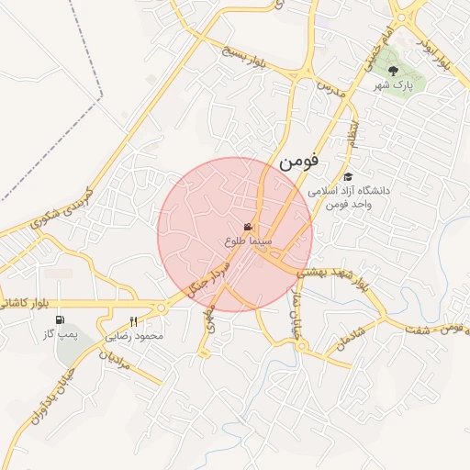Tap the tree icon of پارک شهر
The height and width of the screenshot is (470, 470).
(394, 70)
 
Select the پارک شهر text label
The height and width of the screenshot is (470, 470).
(394, 85)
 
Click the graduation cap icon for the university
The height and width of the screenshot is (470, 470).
(347, 176)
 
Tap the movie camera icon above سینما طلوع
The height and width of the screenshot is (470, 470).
(247, 227)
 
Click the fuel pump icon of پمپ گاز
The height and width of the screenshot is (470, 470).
(61, 319)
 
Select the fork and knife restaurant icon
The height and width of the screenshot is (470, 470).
(134, 321)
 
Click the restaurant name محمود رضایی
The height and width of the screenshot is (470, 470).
(135, 337)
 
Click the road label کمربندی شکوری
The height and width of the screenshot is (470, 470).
(62, 209)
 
